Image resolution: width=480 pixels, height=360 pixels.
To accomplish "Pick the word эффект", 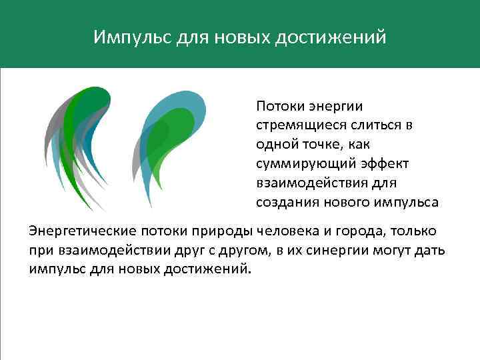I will tap(386, 163).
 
